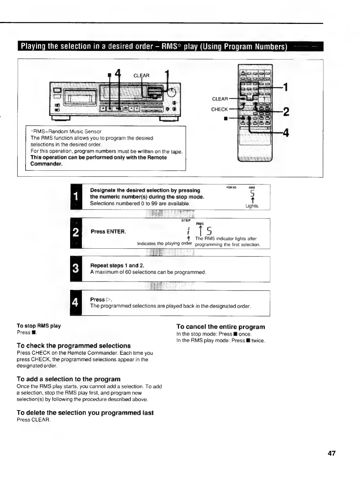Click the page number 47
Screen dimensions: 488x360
(331, 454)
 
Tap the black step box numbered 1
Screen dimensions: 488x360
(76, 197)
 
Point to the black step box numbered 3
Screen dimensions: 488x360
(76, 269)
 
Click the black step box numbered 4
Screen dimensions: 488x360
(76, 303)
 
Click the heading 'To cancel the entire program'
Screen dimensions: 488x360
(221, 327)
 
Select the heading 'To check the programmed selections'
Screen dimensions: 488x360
(74, 346)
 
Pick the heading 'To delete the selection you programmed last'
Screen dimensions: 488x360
(85, 413)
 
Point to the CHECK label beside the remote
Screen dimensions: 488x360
(219, 109)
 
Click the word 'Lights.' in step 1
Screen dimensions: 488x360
(252, 206)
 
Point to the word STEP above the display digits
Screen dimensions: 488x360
(186, 221)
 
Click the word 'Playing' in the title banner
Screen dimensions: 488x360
(35, 47)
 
